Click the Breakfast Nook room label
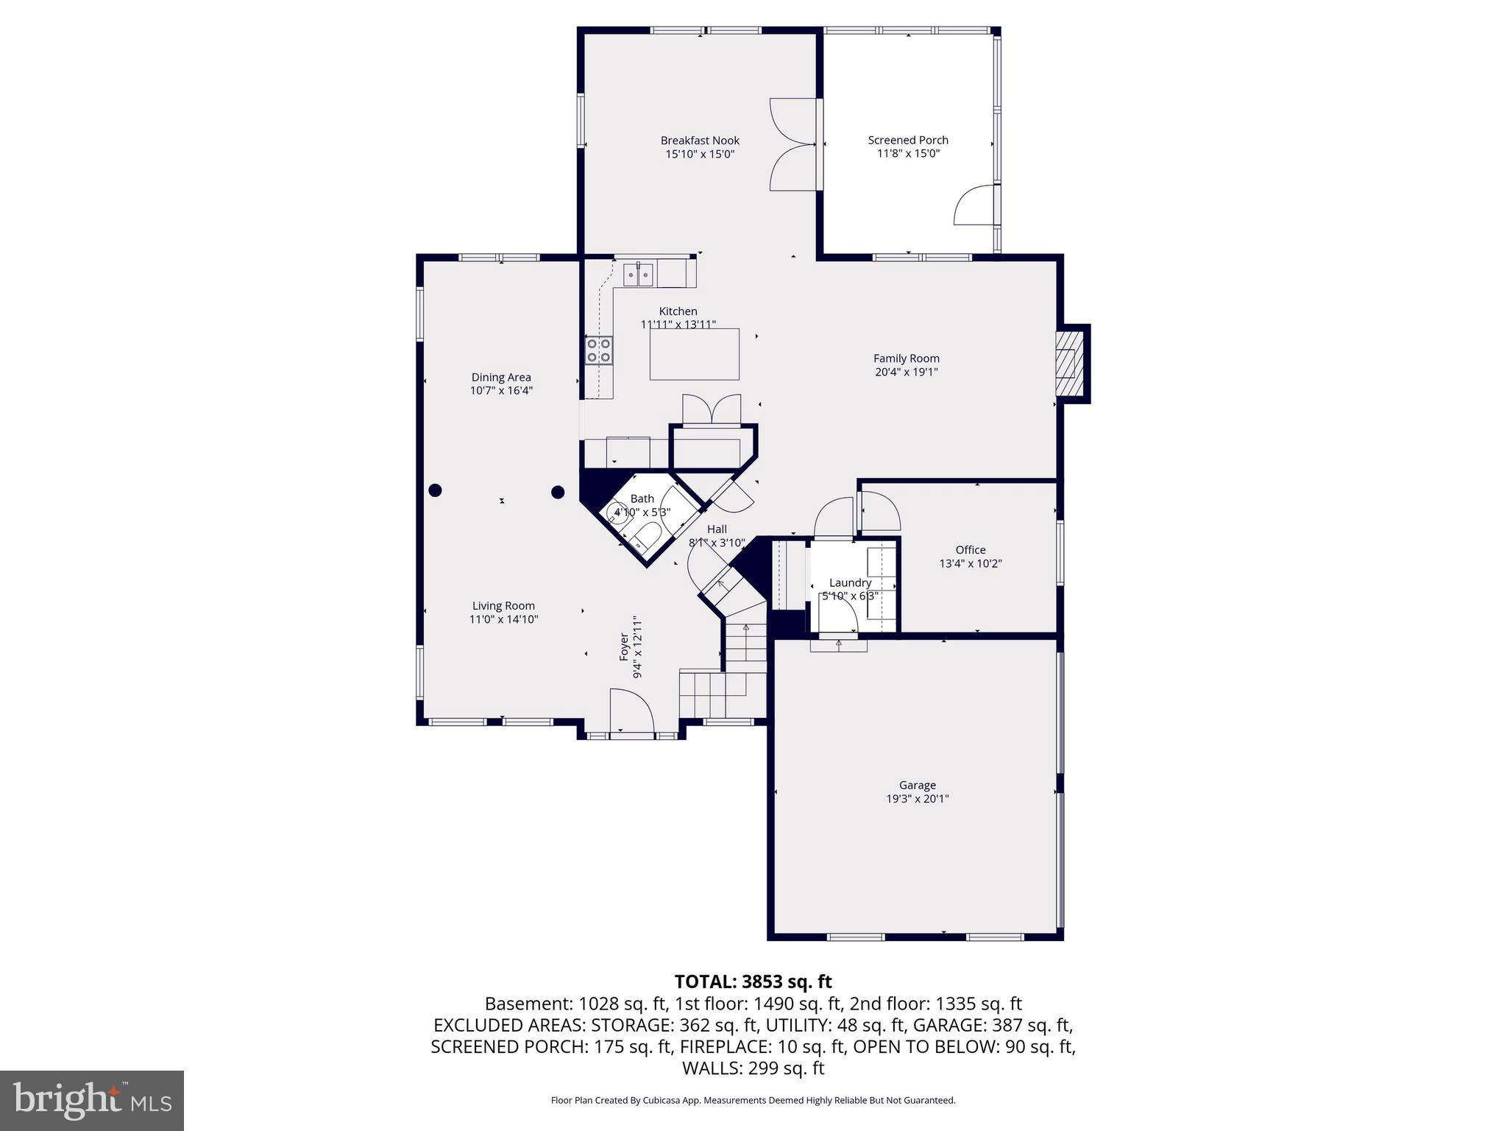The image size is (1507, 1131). coord(700,141)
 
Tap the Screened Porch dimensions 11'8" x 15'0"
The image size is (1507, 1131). coord(908,154)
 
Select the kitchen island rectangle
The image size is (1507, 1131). coord(694,354)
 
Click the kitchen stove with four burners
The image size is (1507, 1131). coord(599,350)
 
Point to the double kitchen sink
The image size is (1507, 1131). coord(639,275)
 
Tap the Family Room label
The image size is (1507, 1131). coord(907,359)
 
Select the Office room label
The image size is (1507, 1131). coord(971,550)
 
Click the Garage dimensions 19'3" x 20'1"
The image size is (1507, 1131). coord(918,799)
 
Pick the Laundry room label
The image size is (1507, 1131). coord(850,582)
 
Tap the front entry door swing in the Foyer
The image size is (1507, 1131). coord(631,711)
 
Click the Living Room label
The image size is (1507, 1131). coord(503,606)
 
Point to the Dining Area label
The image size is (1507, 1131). coord(501,378)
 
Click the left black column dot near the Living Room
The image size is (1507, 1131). coord(435,490)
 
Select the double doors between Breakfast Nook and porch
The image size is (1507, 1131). coord(792,144)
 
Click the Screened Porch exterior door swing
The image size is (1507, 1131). coord(974,205)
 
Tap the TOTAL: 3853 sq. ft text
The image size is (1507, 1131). coord(753,982)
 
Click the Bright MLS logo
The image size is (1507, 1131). coord(92,1100)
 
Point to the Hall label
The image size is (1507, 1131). coord(717,529)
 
